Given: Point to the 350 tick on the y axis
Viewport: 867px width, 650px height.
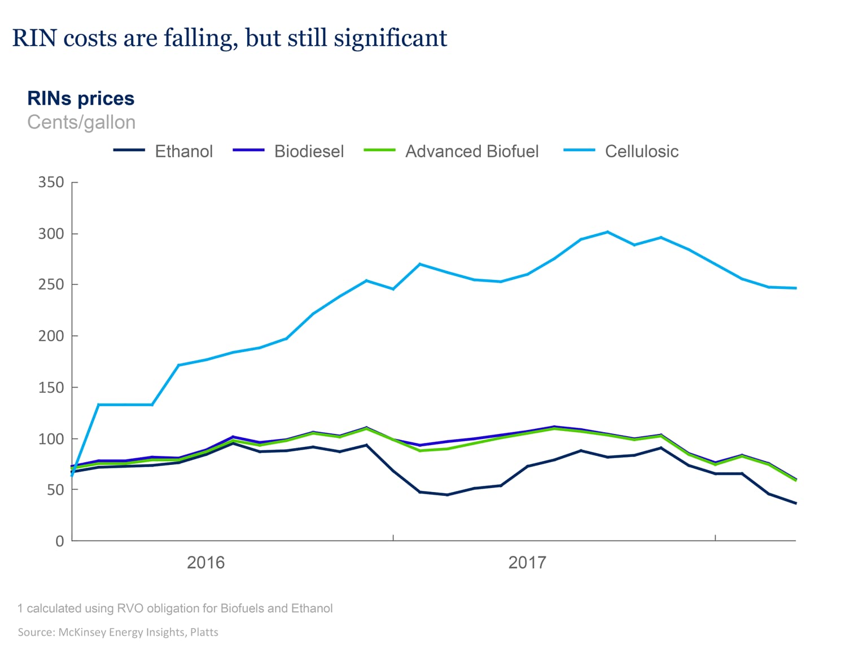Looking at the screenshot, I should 51,182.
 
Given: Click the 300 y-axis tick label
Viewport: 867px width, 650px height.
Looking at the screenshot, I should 51,234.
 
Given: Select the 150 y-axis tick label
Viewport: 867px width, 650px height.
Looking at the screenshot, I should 51,388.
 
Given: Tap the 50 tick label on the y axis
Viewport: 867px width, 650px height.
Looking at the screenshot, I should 55,490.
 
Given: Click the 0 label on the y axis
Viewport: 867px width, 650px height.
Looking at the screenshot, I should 59,541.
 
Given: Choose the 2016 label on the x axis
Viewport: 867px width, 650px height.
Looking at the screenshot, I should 205,563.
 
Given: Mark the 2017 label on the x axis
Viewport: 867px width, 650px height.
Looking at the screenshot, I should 527,563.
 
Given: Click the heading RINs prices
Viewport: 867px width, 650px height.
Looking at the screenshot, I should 81,98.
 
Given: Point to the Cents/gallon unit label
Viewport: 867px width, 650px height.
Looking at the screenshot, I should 81,122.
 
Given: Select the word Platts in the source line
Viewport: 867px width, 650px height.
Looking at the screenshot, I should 204,632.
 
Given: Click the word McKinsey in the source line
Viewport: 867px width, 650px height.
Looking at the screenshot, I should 82,632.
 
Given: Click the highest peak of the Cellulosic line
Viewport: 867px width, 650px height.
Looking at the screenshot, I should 607,232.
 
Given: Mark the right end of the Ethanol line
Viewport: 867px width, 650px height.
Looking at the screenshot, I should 795,503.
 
